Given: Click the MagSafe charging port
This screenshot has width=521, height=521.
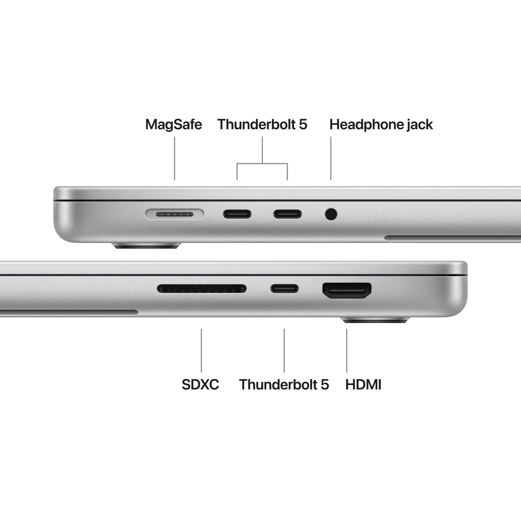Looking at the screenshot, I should coord(175,215).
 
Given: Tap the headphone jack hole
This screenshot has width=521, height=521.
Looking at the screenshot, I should coord(331,214).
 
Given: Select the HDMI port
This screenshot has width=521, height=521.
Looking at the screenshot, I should coord(347,290).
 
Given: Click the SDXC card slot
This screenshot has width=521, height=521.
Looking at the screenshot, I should coord(202,288).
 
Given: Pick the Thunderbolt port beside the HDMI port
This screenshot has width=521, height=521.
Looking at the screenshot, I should coord(284,288).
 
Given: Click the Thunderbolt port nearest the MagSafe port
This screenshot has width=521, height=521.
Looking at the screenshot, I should coord(237,214).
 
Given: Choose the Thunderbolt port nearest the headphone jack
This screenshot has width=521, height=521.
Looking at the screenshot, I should coord(287,214).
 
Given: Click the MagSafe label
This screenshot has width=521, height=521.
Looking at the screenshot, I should coord(173,124).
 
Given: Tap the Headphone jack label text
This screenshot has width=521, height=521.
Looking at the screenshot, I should coord(381,124).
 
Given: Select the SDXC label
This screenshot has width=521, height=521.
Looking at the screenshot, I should coord(200,384).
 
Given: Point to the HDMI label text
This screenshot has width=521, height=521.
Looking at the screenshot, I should coord(363,384).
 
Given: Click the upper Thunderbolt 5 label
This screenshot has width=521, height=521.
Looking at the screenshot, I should coord(262,124).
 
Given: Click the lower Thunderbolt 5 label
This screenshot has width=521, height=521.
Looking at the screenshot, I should coord(284,384).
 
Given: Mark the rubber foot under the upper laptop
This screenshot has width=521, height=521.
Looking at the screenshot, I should coord(147,246).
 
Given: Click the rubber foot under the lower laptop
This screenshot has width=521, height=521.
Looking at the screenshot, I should coord(375,320).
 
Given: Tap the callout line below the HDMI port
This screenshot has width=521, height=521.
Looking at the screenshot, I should coord(347,350).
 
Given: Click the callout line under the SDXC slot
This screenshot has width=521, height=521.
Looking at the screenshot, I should coord(201,350).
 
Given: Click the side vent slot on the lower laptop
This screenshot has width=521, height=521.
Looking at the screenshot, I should coord(69,312).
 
